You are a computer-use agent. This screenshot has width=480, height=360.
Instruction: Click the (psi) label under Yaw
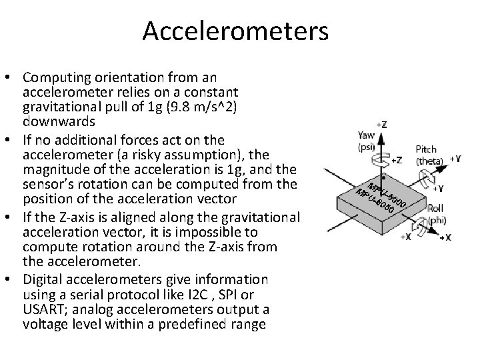pos(367,147)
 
